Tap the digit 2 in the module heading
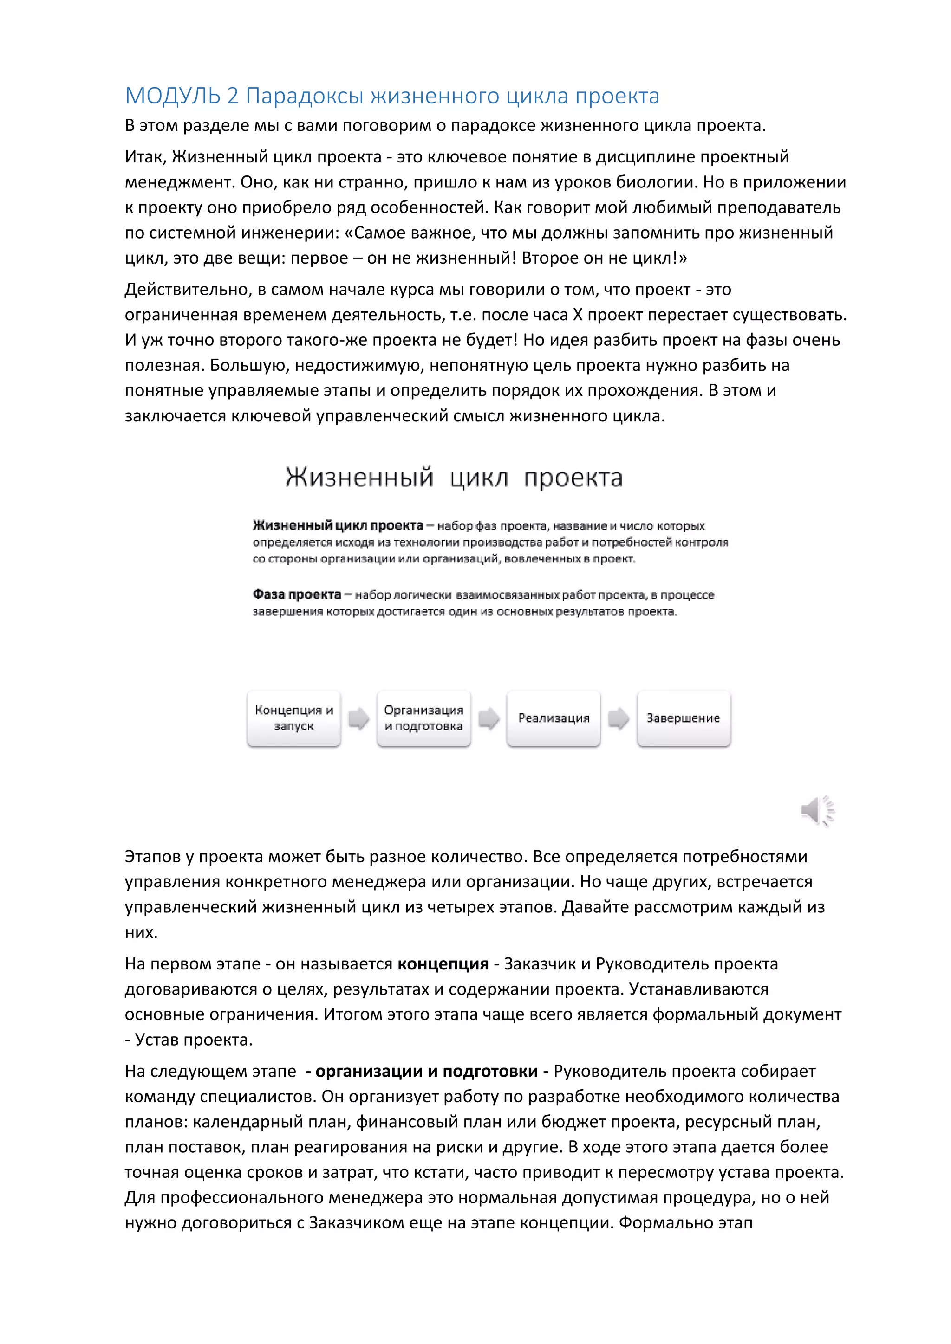click(x=233, y=96)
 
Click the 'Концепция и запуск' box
click(x=294, y=718)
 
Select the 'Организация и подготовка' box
click(x=423, y=718)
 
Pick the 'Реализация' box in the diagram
click(x=554, y=718)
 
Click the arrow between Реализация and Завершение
click(x=619, y=718)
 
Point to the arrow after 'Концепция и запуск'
click(x=358, y=718)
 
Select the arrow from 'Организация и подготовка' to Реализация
click(x=489, y=718)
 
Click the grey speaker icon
click(x=816, y=811)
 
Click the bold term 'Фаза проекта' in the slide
click(x=296, y=595)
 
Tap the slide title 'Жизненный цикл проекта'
click(x=454, y=478)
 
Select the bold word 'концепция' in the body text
click(x=443, y=964)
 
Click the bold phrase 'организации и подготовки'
click(x=426, y=1071)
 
